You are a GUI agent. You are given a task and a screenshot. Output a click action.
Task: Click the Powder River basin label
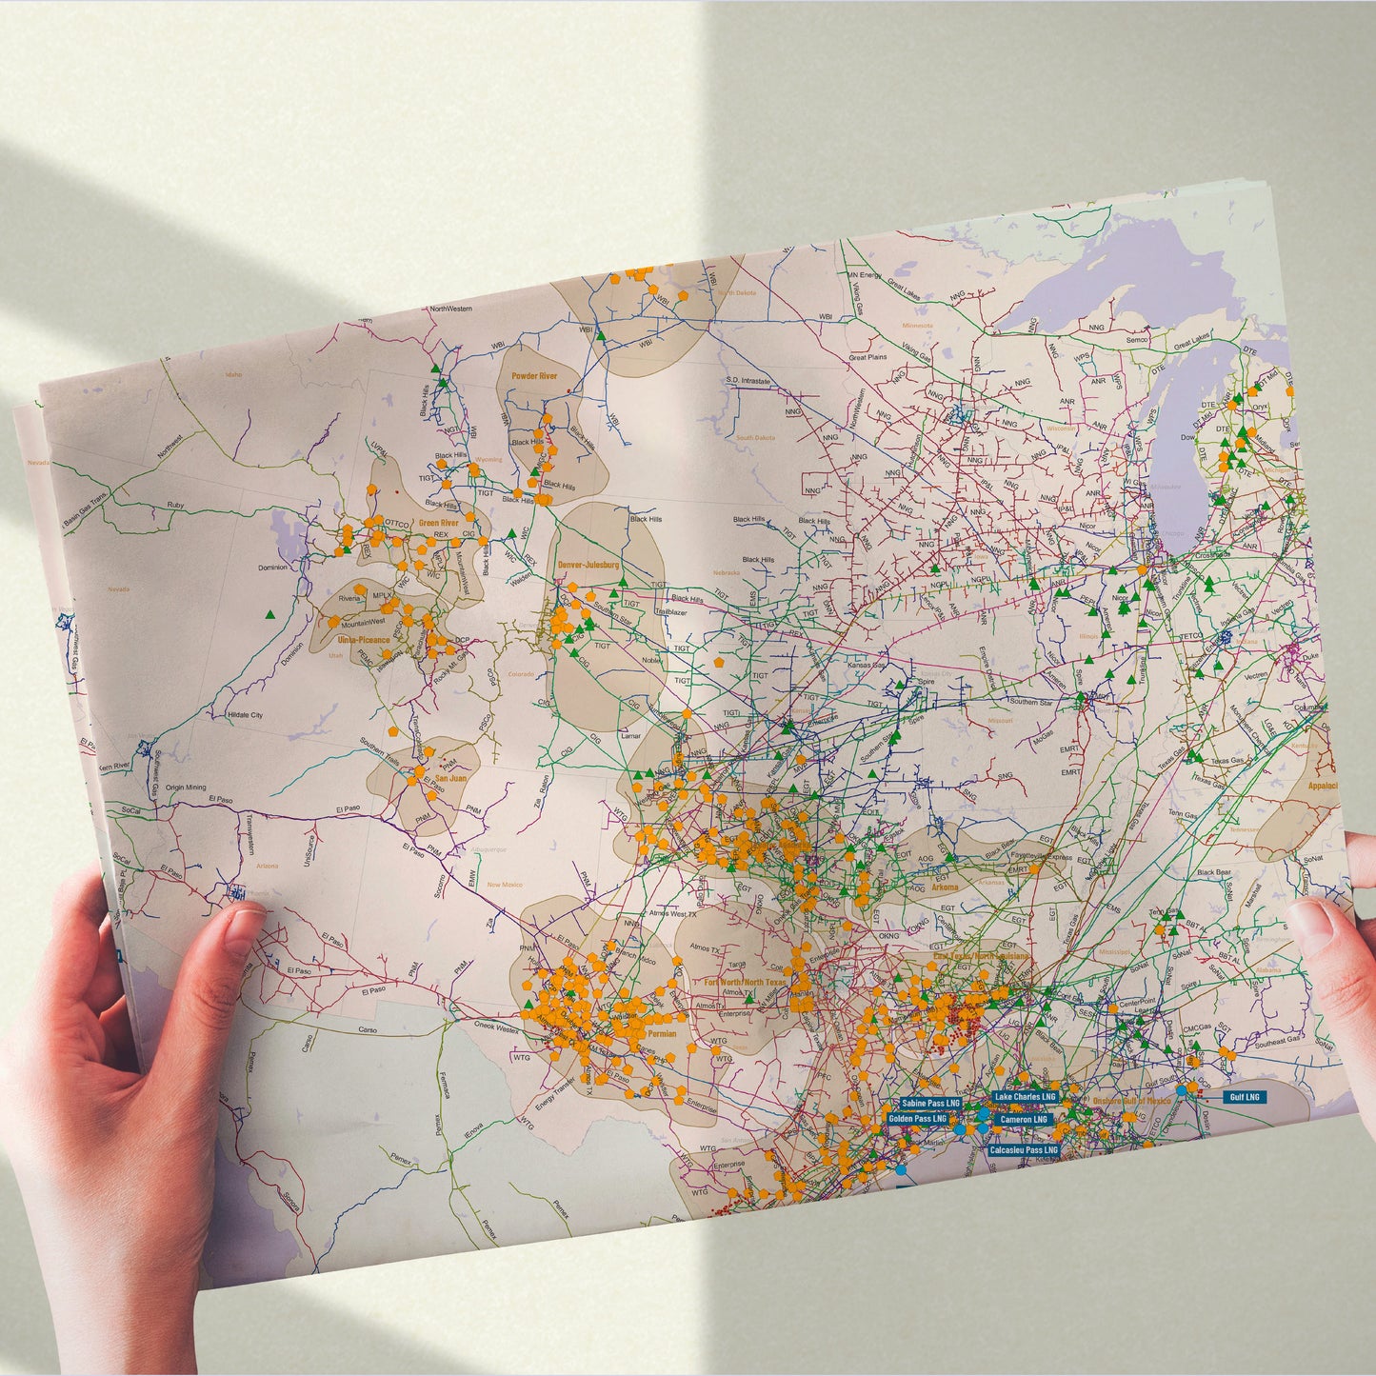[534, 376]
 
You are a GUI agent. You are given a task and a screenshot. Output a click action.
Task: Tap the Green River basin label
[438, 523]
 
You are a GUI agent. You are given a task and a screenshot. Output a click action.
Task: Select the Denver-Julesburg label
[588, 565]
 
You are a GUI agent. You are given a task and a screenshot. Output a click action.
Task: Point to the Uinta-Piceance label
[364, 640]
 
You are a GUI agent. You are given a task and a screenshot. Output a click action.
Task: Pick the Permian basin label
[662, 1033]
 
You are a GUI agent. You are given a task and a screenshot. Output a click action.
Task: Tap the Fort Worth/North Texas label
[746, 982]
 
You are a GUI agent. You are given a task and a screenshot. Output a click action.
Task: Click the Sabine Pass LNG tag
[930, 1103]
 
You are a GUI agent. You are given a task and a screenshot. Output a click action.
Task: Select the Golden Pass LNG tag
[917, 1119]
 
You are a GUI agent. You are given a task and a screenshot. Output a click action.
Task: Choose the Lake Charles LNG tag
[1025, 1097]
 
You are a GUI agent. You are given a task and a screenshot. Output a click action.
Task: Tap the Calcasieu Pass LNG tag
[1024, 1150]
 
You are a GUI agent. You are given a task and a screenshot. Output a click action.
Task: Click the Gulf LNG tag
[1244, 1097]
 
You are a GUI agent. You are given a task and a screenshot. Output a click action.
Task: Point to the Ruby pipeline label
[175, 505]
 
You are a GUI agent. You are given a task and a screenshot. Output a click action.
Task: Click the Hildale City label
[245, 715]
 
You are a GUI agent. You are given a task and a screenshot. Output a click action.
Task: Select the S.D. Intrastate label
[748, 381]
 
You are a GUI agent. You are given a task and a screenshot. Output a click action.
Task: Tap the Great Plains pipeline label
[867, 357]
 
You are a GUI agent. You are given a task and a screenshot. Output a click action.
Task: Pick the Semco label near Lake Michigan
[1137, 339]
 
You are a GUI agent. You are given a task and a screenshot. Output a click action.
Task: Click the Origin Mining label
[185, 788]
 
